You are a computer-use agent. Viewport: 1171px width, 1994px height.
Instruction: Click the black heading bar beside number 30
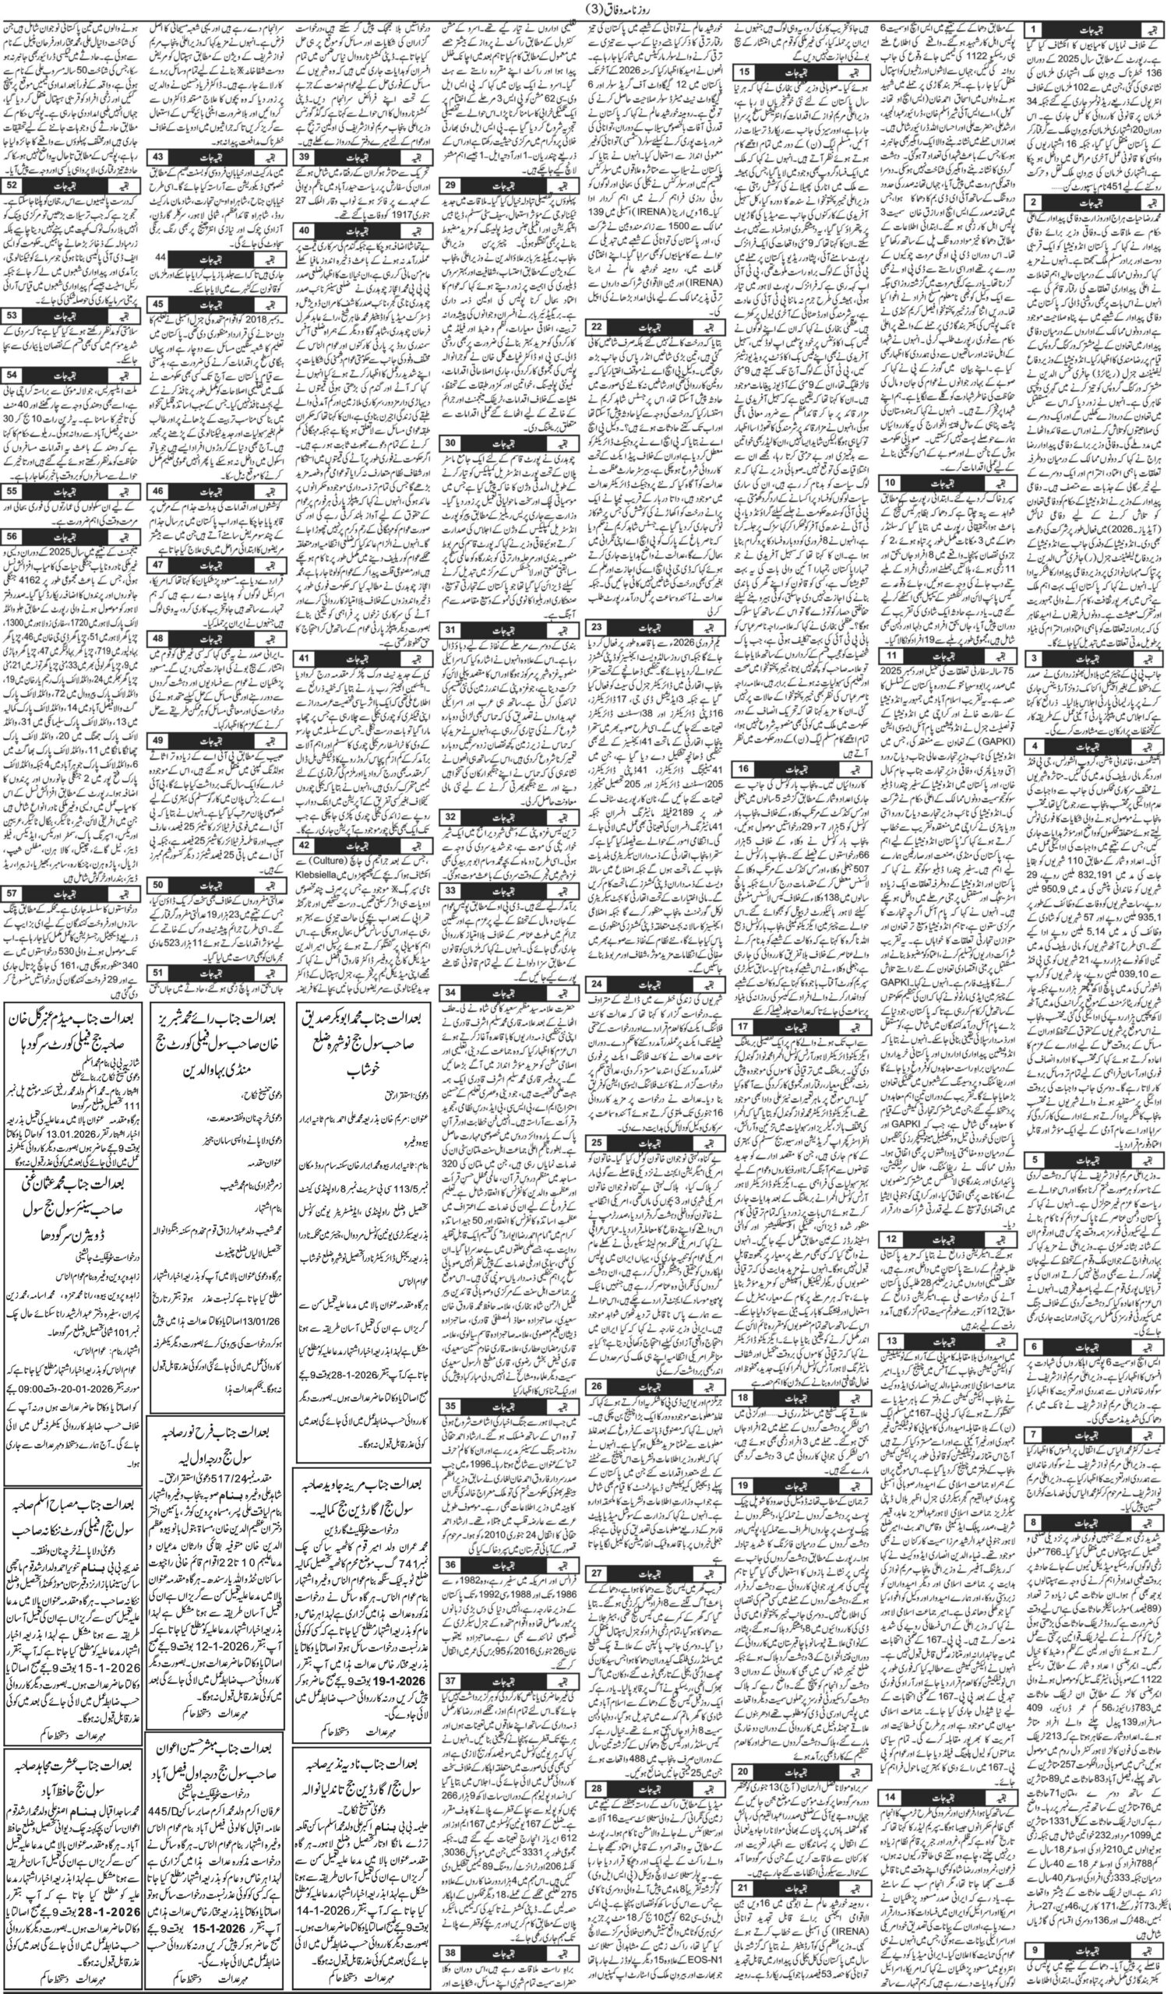514,442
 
